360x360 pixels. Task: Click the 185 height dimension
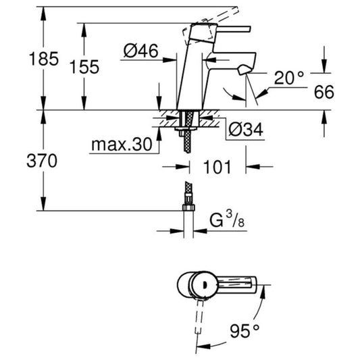point(44,59)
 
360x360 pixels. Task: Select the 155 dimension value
point(84,67)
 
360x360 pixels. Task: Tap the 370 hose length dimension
point(42,161)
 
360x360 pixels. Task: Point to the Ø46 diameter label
point(140,51)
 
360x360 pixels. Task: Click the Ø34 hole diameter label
point(245,130)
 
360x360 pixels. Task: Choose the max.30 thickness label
point(122,144)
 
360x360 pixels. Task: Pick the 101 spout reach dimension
point(217,167)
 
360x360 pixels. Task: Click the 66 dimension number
point(324,92)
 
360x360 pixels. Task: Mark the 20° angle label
point(289,78)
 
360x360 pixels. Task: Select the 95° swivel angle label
point(245,331)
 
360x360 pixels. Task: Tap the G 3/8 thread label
point(227,220)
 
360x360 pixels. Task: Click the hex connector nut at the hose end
point(188,207)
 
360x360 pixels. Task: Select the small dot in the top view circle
point(205,286)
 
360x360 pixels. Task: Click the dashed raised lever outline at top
point(210,24)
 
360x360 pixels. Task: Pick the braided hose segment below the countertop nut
point(187,141)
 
